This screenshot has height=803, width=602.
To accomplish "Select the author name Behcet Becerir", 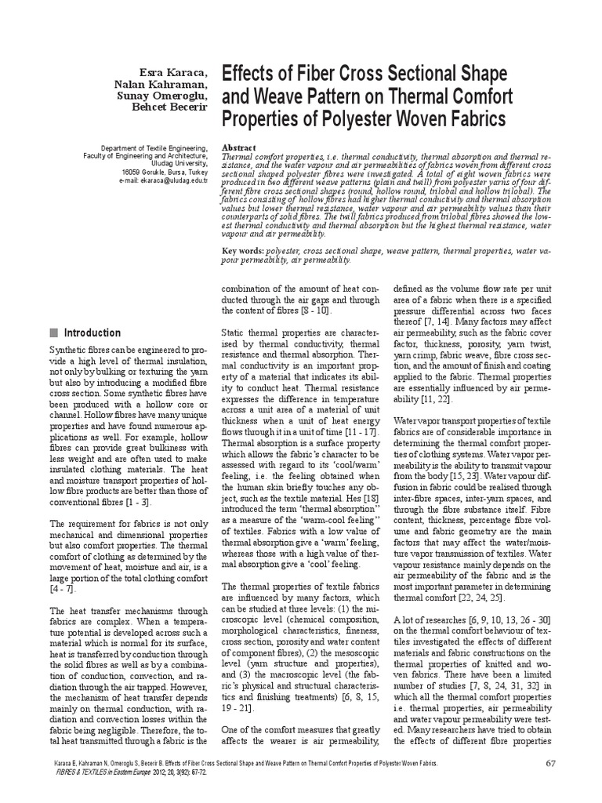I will [x=172, y=106].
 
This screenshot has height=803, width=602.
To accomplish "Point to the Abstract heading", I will [x=241, y=147].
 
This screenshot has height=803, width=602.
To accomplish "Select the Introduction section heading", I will [x=92, y=332].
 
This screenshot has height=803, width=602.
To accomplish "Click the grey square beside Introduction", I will [x=53, y=332].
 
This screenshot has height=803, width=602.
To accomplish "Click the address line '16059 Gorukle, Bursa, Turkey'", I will [x=163, y=172].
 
